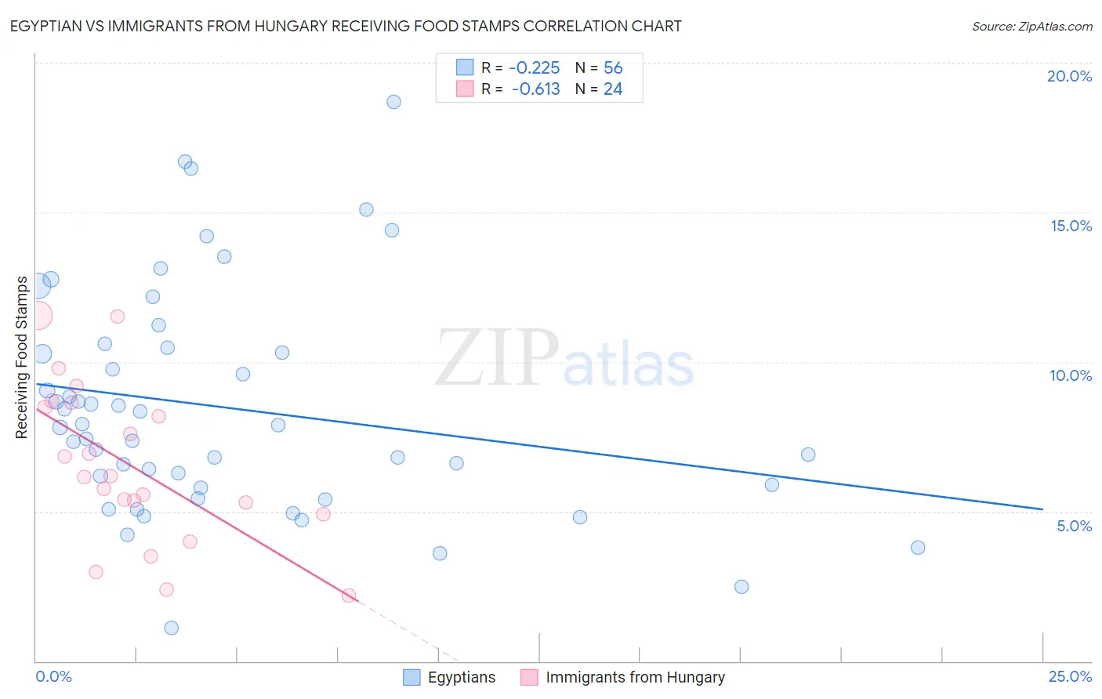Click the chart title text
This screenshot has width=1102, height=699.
(x=346, y=26)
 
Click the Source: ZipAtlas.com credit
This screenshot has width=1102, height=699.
(x=1031, y=26)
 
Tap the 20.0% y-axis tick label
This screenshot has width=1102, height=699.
(x=1069, y=76)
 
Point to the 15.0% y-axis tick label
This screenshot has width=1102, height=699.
(x=1071, y=226)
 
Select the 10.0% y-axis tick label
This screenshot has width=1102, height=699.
(x=1071, y=375)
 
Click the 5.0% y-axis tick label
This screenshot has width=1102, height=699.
(x=1074, y=526)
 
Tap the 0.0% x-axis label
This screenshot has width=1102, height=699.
(x=53, y=676)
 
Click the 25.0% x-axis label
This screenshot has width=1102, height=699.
(x=1070, y=676)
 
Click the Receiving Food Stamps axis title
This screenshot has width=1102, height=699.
(x=22, y=357)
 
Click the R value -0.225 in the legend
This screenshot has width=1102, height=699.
(x=535, y=68)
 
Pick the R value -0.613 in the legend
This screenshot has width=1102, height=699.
(x=535, y=89)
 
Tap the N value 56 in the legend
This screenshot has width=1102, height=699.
(x=613, y=68)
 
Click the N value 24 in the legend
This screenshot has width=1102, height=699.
(x=613, y=89)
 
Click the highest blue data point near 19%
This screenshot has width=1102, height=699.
(x=393, y=102)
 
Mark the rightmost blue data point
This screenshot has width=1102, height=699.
(x=918, y=548)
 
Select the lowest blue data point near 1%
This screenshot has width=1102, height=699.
(x=171, y=628)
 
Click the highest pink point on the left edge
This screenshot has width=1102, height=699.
(x=38, y=316)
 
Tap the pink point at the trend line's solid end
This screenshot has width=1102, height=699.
(x=349, y=596)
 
